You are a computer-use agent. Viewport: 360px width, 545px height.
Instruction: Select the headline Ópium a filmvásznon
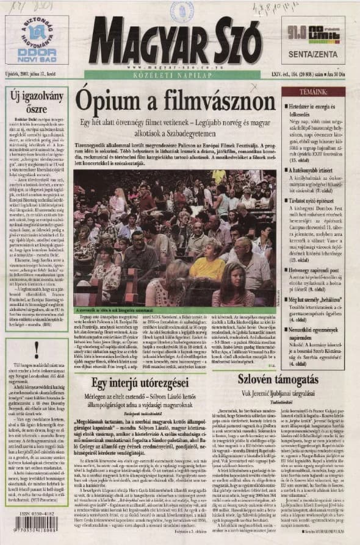click(x=175, y=102)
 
